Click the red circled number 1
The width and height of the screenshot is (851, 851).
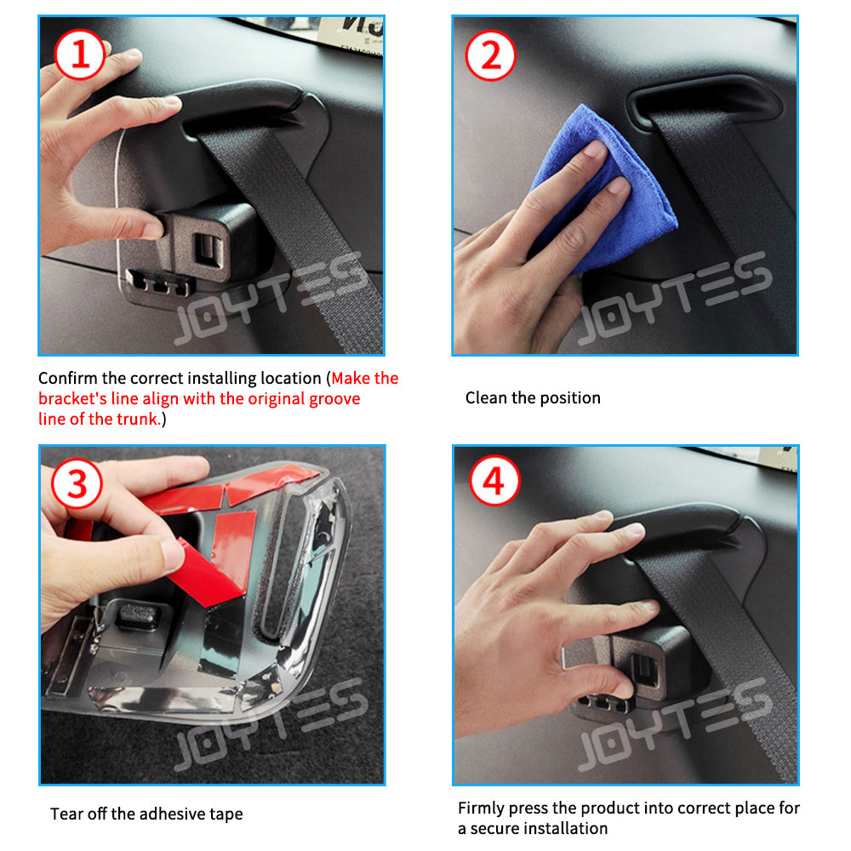click(80, 54)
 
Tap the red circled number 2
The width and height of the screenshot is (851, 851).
click(491, 55)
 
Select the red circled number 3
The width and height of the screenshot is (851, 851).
click(77, 483)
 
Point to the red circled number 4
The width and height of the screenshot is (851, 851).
click(494, 481)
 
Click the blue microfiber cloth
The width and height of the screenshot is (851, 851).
click(603, 190)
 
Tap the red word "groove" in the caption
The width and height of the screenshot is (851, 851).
click(334, 399)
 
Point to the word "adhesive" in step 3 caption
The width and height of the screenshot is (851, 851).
click(169, 814)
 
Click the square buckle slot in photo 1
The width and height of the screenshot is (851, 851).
click(206, 250)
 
